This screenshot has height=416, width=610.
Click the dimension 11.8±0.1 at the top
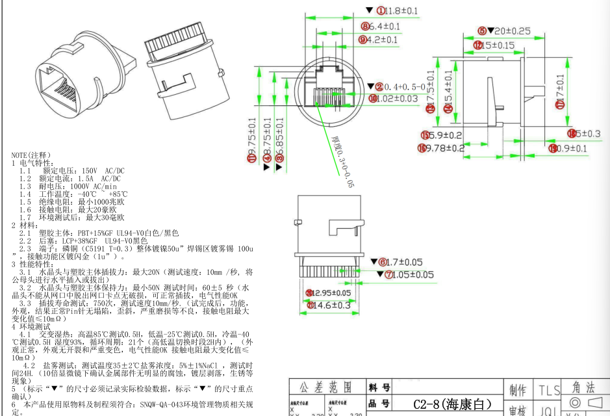401,10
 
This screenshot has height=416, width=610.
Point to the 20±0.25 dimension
509,31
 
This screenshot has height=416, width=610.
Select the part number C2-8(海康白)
448,404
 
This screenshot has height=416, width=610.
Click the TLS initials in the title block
549,390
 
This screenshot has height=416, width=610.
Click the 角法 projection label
583,387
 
